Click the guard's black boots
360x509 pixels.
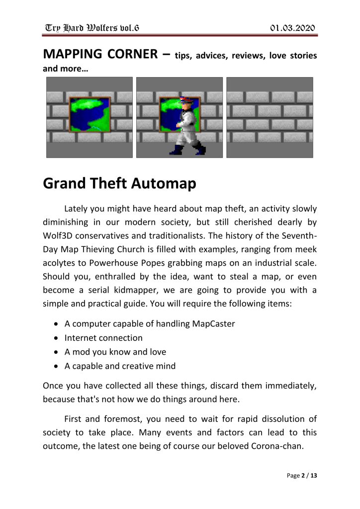pyautogui.click(x=189, y=149)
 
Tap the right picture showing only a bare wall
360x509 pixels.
pyautogui.click(x=270, y=117)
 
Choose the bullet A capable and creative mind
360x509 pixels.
pyautogui.click(x=120, y=367)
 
